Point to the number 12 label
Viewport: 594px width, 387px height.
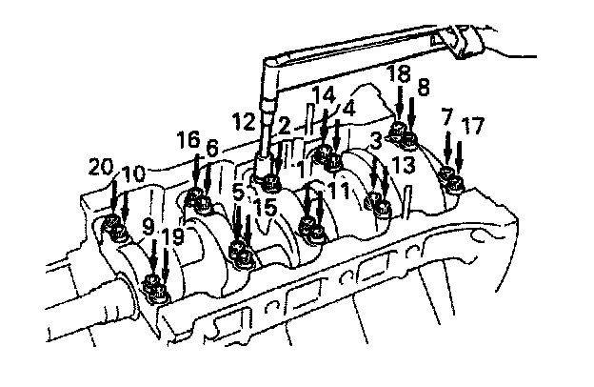244,122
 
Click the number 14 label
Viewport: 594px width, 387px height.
324,95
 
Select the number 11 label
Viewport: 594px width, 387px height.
339,191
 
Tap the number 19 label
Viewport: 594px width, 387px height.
171,235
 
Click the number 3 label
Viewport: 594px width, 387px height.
378,140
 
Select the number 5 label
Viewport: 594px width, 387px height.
238,192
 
